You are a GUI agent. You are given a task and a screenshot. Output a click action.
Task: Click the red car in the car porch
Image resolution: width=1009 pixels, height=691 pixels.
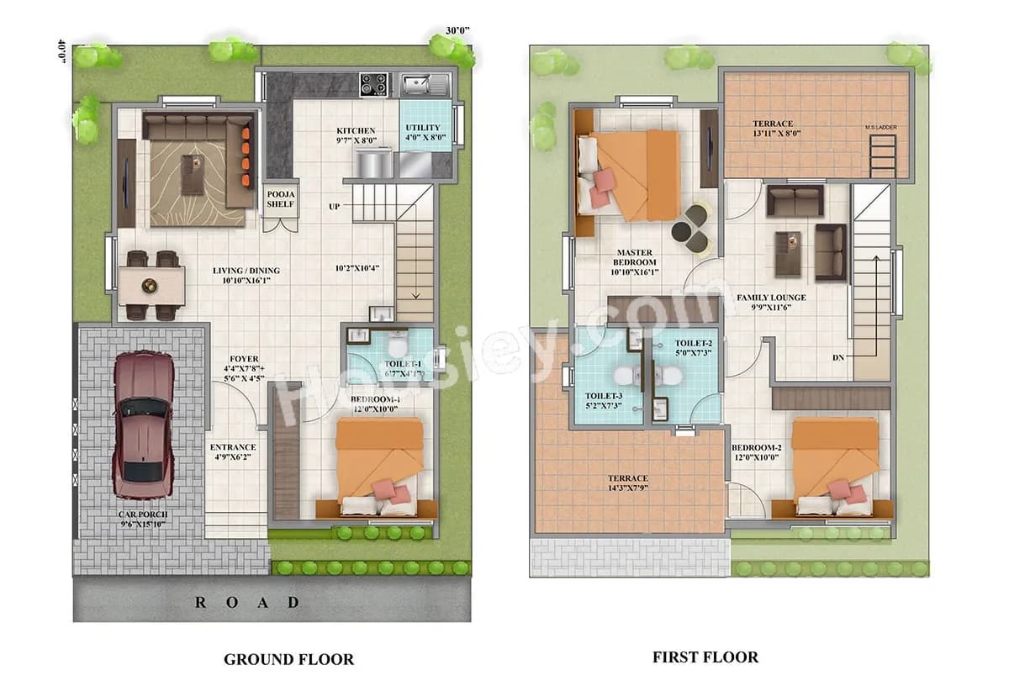144,425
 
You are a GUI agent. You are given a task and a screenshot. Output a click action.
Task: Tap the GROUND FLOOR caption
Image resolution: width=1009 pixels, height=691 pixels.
288,659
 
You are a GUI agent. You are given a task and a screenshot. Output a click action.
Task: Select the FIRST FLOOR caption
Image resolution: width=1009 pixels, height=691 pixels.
705,657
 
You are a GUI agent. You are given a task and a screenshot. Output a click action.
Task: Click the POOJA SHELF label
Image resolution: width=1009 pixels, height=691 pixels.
281,198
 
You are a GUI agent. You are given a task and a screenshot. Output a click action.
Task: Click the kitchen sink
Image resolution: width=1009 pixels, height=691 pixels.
418,83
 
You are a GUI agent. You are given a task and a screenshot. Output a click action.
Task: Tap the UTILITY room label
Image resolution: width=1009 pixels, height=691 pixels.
423,133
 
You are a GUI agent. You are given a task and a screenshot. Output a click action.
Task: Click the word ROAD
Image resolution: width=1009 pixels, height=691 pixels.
247,602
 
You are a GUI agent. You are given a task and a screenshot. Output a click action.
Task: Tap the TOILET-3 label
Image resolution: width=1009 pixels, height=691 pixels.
605,401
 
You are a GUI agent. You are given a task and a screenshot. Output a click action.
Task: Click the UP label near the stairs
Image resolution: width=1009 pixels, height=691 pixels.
335,206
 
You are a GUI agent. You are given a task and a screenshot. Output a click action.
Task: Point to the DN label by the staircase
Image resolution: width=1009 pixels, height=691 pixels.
838,357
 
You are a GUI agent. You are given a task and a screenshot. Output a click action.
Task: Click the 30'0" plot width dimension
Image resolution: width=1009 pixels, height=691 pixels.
457,30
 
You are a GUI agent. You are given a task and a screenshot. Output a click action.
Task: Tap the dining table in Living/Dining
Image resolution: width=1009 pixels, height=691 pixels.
152,285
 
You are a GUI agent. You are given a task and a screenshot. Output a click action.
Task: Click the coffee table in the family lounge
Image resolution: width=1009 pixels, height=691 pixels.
789,253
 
